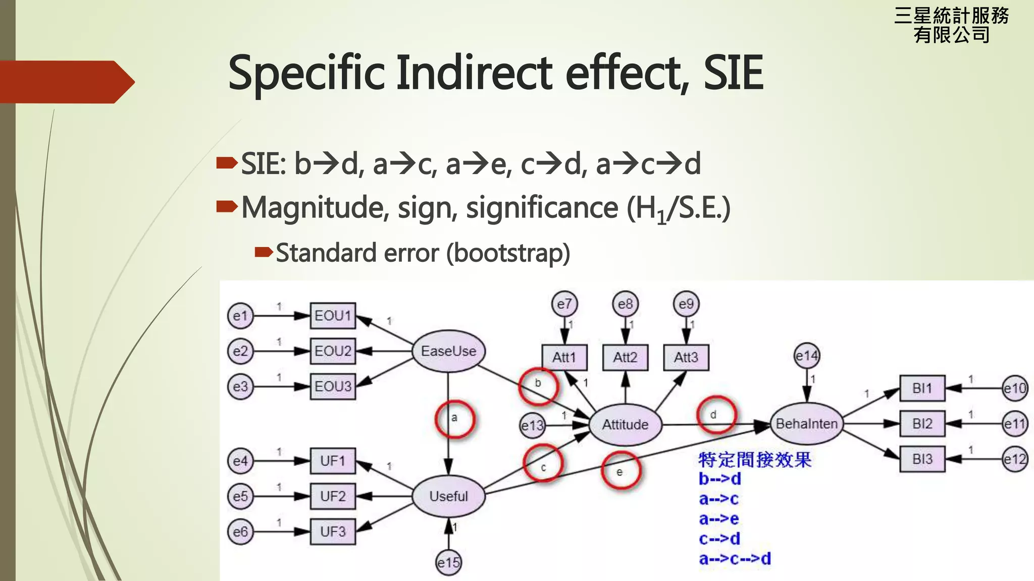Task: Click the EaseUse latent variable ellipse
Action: coord(448,351)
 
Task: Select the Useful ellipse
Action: coord(448,496)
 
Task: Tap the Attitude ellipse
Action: coord(625,424)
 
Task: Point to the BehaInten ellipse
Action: coord(806,424)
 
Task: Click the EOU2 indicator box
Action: coord(333,351)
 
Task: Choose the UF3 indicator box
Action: coord(333,532)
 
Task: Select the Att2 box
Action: coord(625,358)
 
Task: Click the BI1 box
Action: coord(922,388)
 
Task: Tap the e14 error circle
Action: coord(807,357)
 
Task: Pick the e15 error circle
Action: coord(448,562)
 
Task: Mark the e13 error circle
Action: coord(533,426)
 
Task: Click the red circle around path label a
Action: coord(454,419)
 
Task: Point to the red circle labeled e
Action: coord(621,471)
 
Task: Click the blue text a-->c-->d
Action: coord(735,559)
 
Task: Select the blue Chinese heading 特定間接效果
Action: coord(754,459)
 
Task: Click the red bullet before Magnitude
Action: coord(227,206)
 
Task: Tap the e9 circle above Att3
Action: coord(686,304)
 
